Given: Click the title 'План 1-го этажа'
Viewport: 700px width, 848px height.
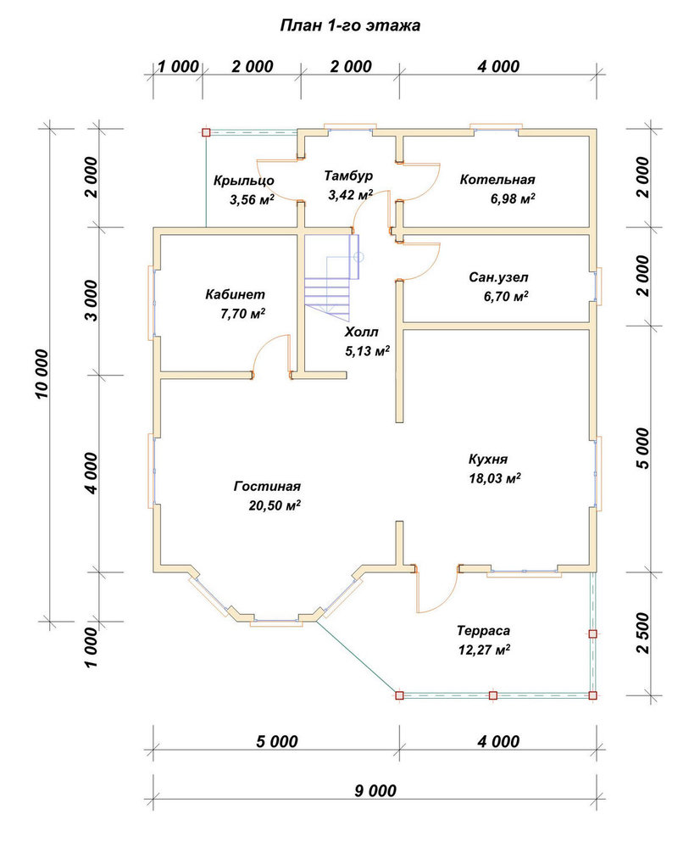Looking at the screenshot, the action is [350, 25].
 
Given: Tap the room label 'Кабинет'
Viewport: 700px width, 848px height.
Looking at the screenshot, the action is [235, 295].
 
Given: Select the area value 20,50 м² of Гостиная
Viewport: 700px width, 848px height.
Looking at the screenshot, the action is [275, 505].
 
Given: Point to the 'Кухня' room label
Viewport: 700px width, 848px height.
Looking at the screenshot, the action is [488, 460].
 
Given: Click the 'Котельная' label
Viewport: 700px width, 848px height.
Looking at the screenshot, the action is [497, 180].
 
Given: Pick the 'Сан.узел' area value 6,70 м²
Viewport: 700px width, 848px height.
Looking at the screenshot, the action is [506, 296].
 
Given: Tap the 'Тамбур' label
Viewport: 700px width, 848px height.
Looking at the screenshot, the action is [348, 176].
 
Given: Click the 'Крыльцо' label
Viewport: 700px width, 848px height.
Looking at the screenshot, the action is [244, 181].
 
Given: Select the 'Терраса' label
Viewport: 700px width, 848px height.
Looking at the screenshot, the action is [483, 631].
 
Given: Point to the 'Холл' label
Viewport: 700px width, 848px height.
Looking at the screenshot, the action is [362, 332].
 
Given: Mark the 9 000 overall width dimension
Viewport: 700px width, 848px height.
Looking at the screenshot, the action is [375, 790].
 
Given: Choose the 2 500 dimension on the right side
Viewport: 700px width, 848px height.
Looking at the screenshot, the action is [642, 633].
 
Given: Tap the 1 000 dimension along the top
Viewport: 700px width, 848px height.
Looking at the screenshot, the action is [178, 67].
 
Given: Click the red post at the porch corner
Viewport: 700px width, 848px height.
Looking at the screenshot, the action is [205, 132].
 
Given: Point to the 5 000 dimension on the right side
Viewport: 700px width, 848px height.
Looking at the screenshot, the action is [642, 449].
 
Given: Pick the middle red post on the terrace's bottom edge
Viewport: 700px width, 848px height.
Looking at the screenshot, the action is [493, 695].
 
